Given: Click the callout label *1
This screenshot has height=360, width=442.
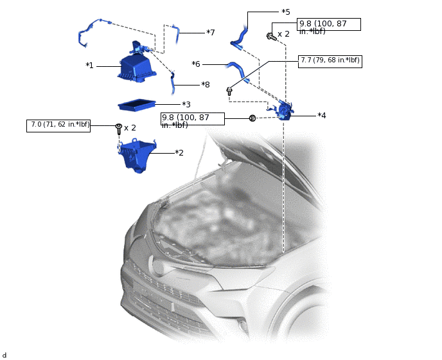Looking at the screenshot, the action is pos(89,66).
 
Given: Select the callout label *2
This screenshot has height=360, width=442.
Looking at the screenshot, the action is pos(179,152).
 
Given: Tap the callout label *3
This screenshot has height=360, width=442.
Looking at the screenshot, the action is pos(186,104).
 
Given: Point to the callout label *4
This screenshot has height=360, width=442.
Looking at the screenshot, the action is pos(322,115).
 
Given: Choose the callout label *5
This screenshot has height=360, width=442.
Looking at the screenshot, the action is pos(286,12).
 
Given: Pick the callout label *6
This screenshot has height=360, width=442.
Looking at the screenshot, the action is pos(196,64).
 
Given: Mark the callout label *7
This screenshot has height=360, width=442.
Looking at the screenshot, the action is pos(211,32).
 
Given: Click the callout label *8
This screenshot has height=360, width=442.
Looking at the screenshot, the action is pos(206,84).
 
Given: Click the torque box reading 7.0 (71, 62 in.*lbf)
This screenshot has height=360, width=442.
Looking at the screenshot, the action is pos(58,126).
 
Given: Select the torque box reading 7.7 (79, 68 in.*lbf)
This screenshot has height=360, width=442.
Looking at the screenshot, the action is pos(330,62).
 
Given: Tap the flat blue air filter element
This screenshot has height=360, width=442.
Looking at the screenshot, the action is pos(137,105).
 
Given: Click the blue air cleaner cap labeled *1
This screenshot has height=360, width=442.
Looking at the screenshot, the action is pos(137,67).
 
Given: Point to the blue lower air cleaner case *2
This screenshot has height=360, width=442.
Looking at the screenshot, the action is pos(137,155).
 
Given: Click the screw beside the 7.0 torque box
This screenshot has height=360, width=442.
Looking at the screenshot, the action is pos(119,129).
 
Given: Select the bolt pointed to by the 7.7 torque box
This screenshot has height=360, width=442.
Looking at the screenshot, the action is pos(229,91).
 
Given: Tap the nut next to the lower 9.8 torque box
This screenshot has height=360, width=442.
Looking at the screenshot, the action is pos(252,118).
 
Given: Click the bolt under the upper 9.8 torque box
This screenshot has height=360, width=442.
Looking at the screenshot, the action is pos(271,36).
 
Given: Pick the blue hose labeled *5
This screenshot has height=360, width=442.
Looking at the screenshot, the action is pos(240,39).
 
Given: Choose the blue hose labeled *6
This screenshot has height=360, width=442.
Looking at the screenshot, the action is pos(238,71).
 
